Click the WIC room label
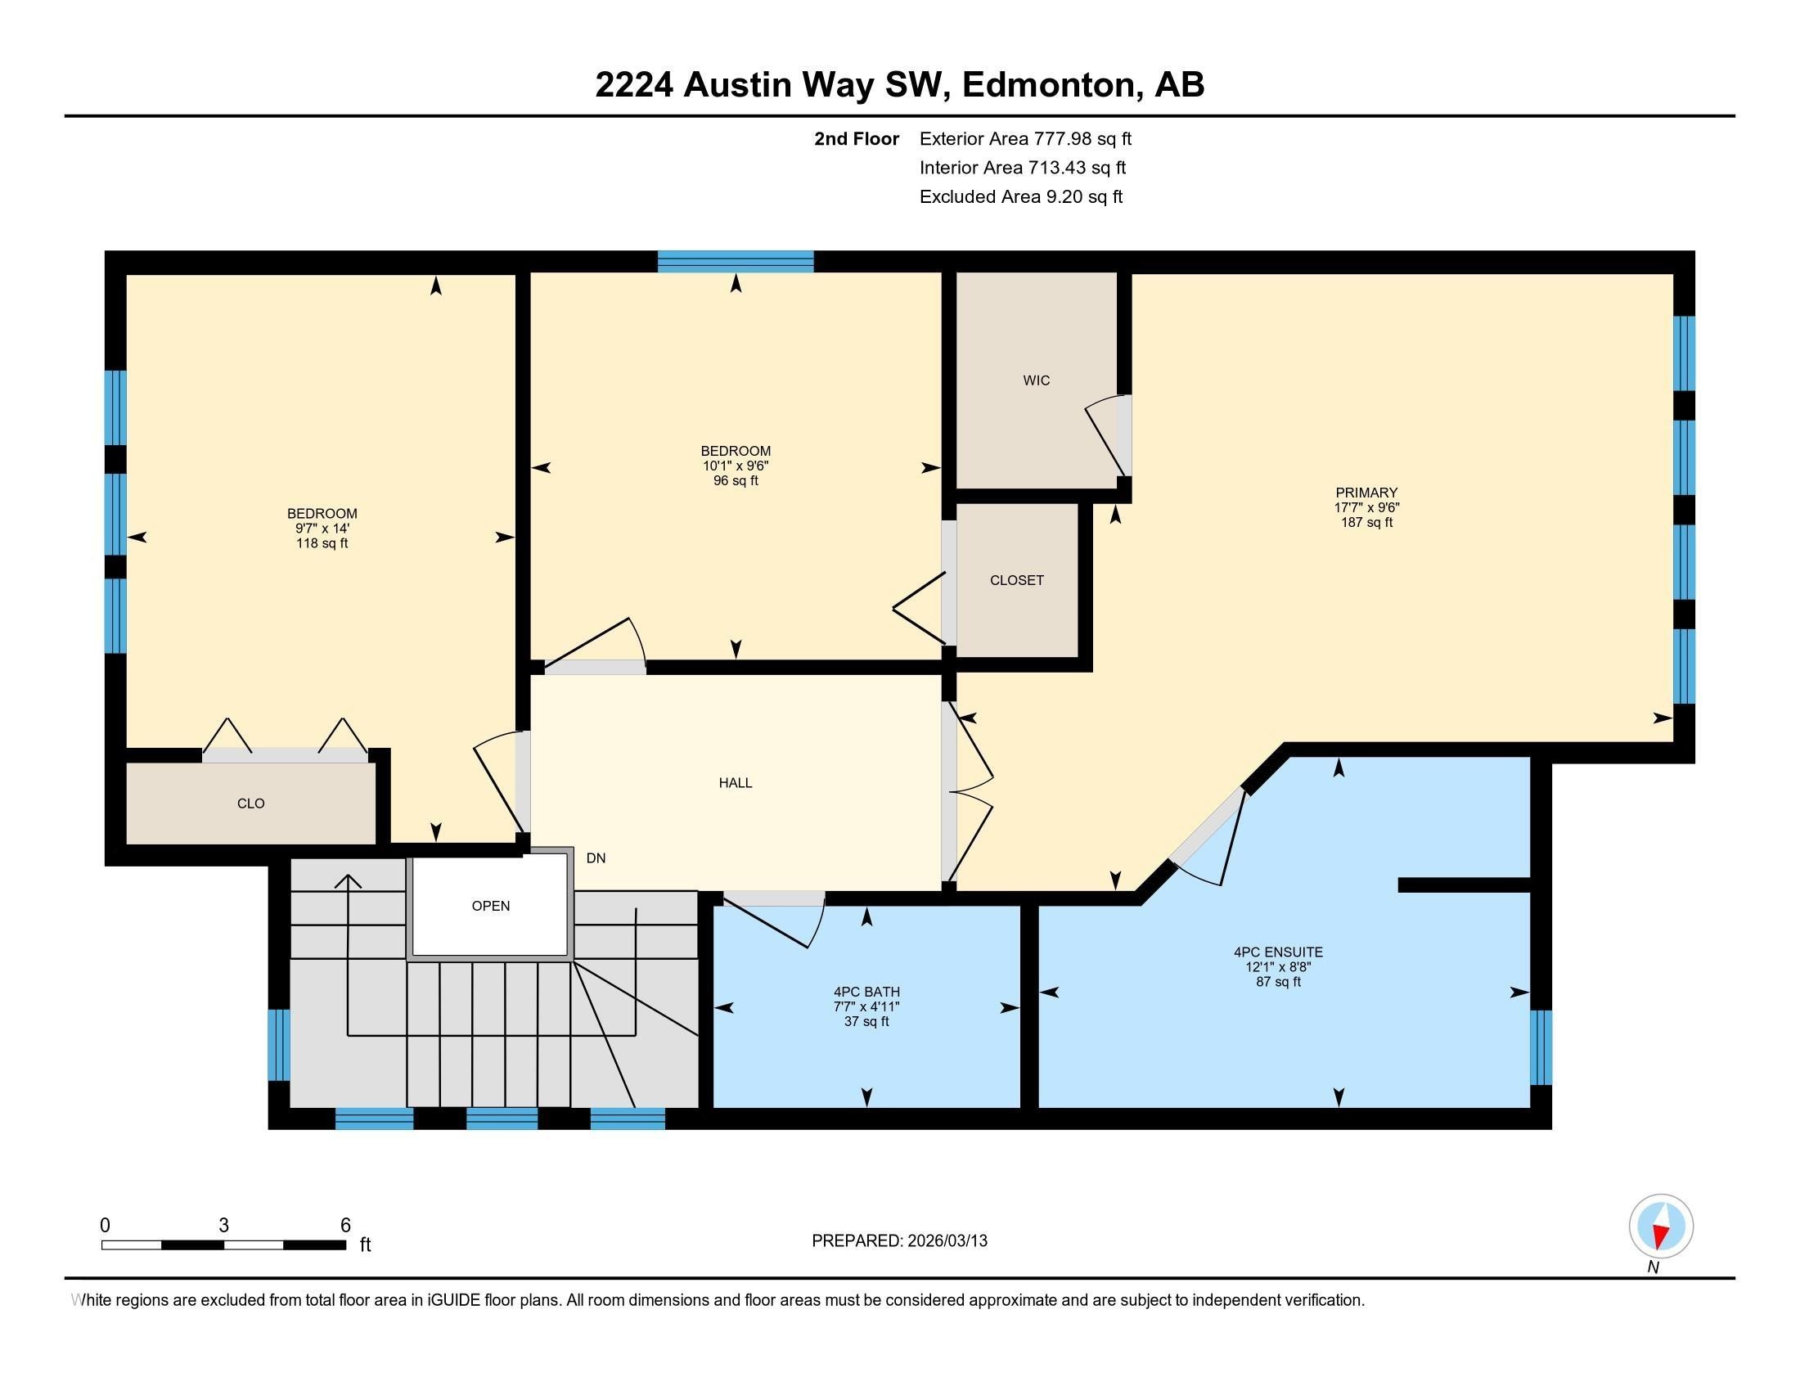[x=1036, y=380]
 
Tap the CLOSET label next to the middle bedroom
[x=1016, y=580]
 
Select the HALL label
[x=736, y=783]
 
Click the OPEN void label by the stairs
[x=490, y=906]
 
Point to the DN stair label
[x=596, y=858]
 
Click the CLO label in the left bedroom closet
[x=250, y=804]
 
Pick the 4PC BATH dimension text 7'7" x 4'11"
[x=866, y=1007]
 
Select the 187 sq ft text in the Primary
[x=1366, y=523]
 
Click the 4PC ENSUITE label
[x=1277, y=952]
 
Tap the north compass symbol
[x=1661, y=1227]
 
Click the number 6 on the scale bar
[x=345, y=1226]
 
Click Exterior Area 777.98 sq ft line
[x=1025, y=139]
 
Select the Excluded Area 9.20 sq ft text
[x=1020, y=197]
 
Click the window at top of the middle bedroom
[x=736, y=261]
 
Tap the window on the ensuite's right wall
[x=1540, y=1047]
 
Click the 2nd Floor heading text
[x=856, y=139]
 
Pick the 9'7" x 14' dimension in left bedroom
[x=322, y=529]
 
